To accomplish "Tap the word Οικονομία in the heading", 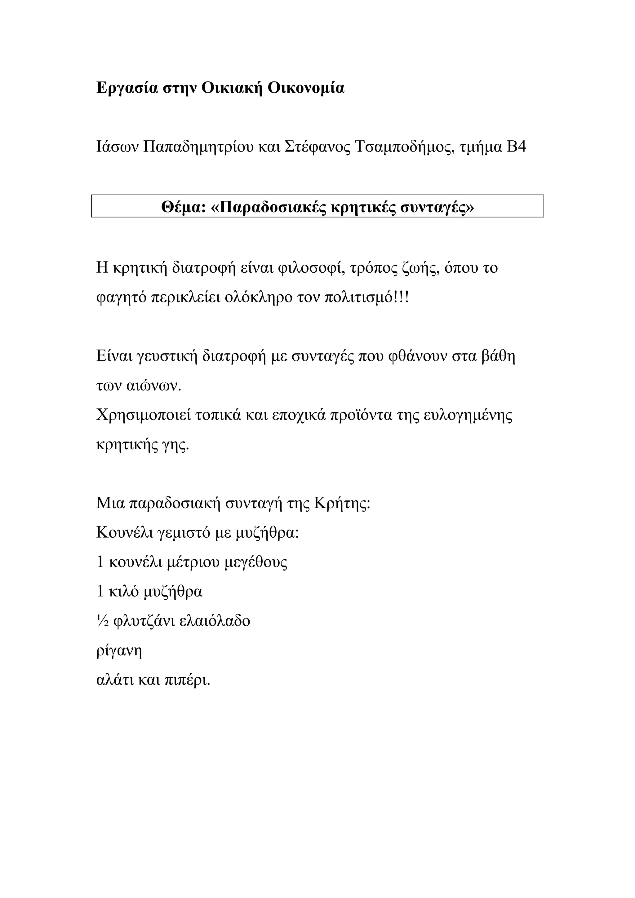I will click(x=306, y=88).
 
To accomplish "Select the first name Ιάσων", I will click(x=117, y=147).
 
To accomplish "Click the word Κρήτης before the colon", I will click(x=340, y=504).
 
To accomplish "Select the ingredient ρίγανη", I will click(x=119, y=652).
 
